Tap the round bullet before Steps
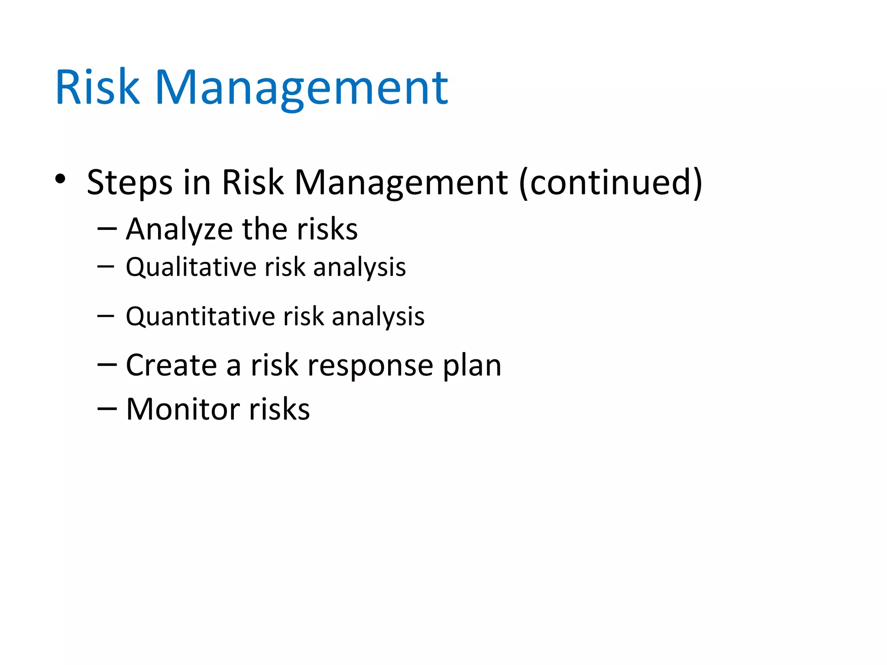tap(60, 178)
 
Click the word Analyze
tap(179, 229)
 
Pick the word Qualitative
tap(191, 268)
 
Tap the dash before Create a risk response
tap(107, 365)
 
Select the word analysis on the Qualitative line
tap(359, 268)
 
